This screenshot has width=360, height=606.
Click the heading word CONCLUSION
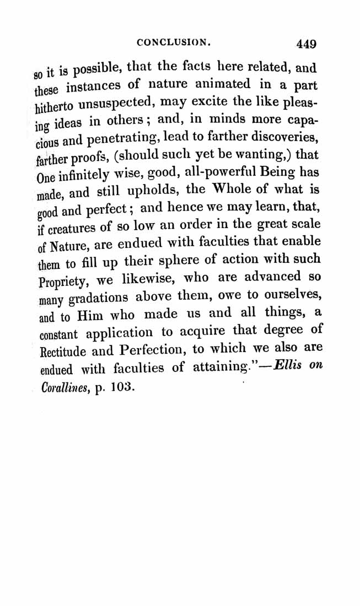pyautogui.click(x=171, y=41)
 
